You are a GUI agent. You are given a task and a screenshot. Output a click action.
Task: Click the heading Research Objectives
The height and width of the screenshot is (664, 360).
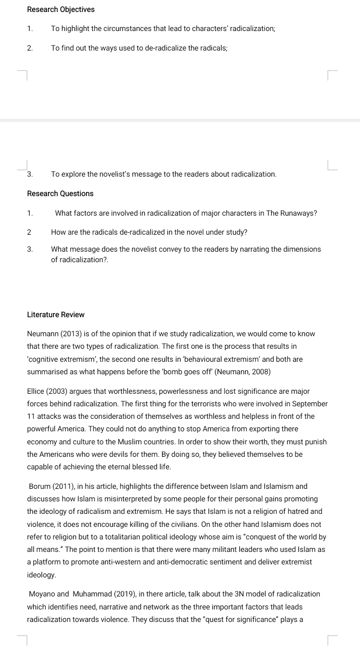pyautogui.click(x=60, y=10)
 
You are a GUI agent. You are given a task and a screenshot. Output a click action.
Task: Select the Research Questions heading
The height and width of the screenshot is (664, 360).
pyautogui.click(x=60, y=194)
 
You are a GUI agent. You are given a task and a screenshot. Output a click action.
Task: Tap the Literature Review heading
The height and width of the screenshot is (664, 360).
pyautogui.click(x=55, y=315)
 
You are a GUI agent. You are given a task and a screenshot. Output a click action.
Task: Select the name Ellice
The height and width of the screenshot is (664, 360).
pyautogui.click(x=36, y=391)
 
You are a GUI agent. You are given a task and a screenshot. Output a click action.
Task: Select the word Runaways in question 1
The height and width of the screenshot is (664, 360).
pyautogui.click(x=298, y=213)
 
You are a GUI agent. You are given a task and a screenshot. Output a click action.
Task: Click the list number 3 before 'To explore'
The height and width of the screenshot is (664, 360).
pyautogui.click(x=30, y=174)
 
